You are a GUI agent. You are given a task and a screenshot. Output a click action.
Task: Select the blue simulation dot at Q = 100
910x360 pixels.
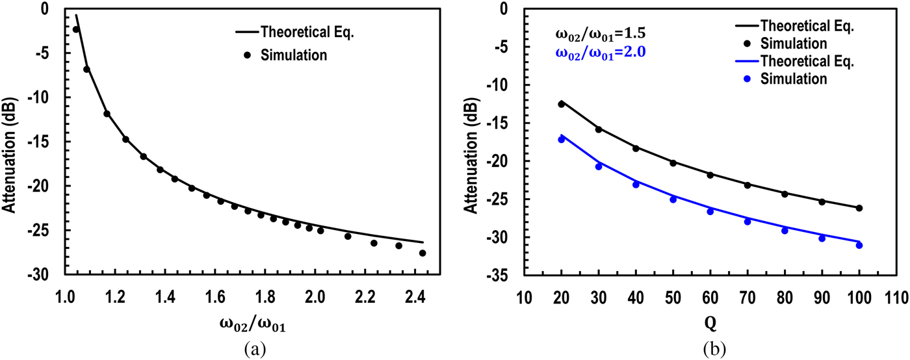pyautogui.click(x=859, y=245)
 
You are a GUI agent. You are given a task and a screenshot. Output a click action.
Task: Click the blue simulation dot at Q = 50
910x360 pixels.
pyautogui.click(x=673, y=199)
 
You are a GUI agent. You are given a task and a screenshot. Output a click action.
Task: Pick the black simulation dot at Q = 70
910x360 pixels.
pyautogui.click(x=747, y=185)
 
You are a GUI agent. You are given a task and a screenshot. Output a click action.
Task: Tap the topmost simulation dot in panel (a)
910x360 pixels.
pyautogui.click(x=76, y=29)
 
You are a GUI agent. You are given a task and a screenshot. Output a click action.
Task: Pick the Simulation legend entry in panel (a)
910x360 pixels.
pyautogui.click(x=286, y=55)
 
